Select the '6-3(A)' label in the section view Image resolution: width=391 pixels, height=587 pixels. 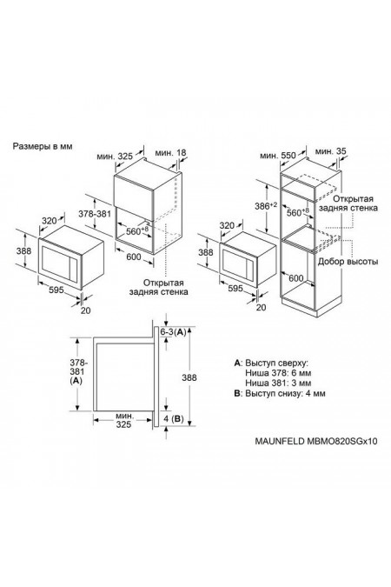click(x=175, y=333)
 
